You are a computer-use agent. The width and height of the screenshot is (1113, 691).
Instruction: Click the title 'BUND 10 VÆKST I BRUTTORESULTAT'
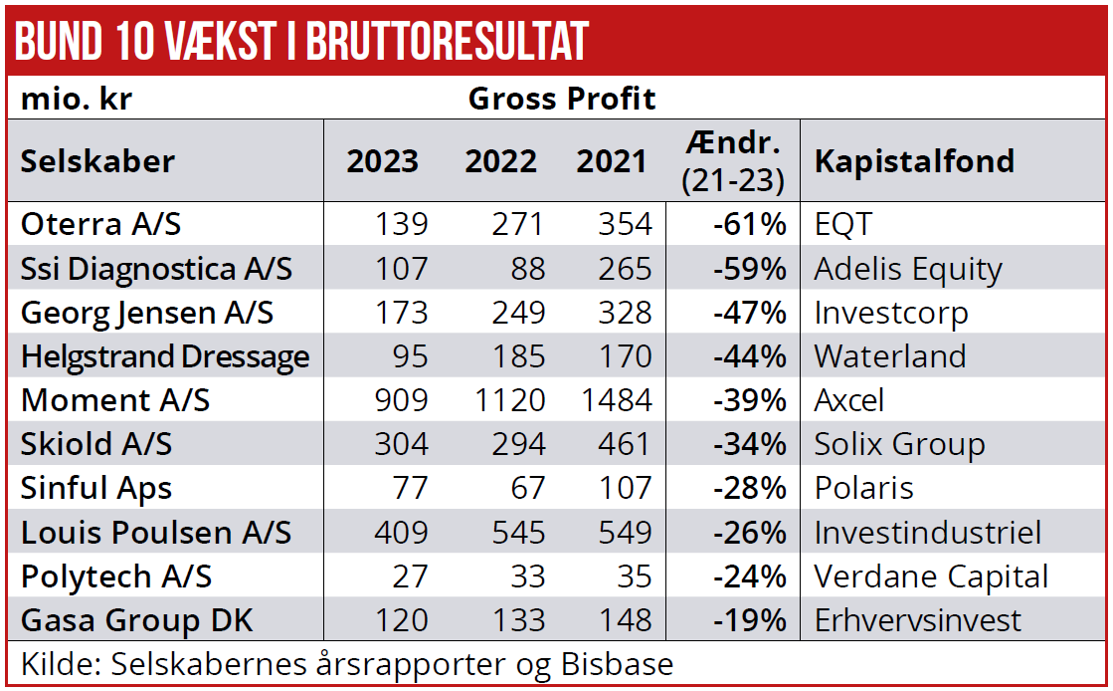pyautogui.click(x=302, y=40)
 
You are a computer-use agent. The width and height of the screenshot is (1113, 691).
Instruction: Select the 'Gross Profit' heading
pyautogui.click(x=561, y=99)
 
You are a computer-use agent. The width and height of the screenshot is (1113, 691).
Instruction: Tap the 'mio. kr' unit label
pyautogui.click(x=77, y=100)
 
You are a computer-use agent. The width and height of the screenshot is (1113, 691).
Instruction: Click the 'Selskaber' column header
pyautogui.click(x=97, y=161)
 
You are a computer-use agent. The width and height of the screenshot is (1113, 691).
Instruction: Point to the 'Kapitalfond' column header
pyautogui.click(x=914, y=161)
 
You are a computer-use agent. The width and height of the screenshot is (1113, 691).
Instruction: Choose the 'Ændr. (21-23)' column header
pyautogui.click(x=733, y=161)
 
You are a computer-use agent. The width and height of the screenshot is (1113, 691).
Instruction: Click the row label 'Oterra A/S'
pyautogui.click(x=101, y=224)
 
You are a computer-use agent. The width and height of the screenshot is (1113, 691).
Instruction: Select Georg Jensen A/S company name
pyautogui.click(x=147, y=313)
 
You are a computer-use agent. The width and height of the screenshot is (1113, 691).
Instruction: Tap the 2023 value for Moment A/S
pyautogui.click(x=401, y=400)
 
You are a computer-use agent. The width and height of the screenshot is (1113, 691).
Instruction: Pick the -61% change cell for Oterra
pyautogui.click(x=749, y=224)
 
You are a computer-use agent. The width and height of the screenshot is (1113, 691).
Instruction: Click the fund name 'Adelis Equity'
pyautogui.click(x=908, y=269)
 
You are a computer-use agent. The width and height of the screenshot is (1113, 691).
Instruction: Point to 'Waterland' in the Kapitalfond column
pyautogui.click(x=889, y=356)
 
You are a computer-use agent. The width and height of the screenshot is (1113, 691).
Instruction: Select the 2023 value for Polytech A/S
pyautogui.click(x=409, y=576)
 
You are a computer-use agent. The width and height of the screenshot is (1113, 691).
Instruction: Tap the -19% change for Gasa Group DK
pyautogui.click(x=749, y=620)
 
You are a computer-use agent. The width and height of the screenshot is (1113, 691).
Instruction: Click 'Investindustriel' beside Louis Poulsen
pyautogui.click(x=927, y=533)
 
